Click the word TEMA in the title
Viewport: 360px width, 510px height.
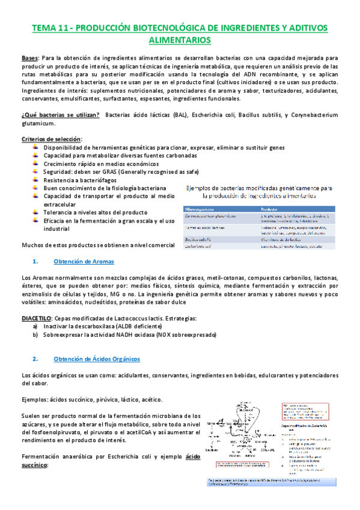point(44,28)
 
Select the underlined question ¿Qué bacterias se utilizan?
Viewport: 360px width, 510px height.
point(59,115)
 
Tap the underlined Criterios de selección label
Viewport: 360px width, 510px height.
point(51,140)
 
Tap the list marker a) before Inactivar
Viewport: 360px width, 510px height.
point(37,326)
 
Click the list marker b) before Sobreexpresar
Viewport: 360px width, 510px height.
point(37,334)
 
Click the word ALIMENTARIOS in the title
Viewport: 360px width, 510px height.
point(180,40)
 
